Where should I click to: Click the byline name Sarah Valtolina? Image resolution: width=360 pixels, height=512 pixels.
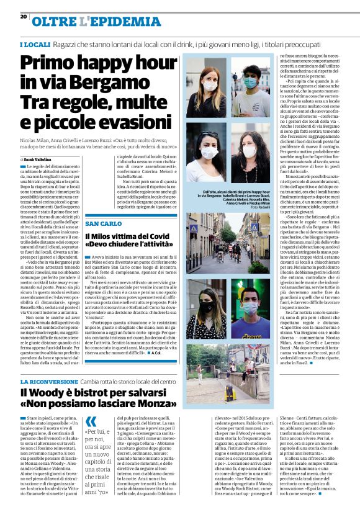pos(42,160)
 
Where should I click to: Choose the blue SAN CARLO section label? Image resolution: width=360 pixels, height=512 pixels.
pos(103,223)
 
